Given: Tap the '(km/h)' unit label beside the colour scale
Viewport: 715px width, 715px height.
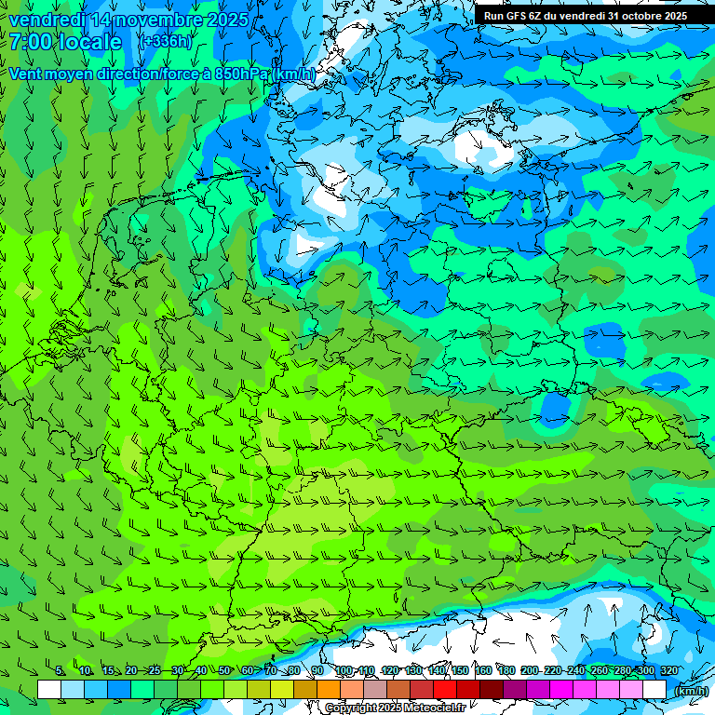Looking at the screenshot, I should [x=690, y=691].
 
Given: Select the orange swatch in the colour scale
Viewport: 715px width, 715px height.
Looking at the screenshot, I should [x=328, y=690].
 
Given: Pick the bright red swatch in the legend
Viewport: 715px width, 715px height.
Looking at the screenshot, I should [x=444, y=690].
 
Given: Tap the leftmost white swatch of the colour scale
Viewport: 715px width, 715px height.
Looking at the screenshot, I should [x=49, y=690].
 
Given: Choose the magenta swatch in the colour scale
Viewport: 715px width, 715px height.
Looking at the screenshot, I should [x=560, y=690].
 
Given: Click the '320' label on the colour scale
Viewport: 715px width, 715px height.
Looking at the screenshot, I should [x=668, y=671].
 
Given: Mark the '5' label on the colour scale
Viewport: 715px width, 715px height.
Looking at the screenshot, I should [x=60, y=671].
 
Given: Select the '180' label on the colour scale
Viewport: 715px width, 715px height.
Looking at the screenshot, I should [x=506, y=671].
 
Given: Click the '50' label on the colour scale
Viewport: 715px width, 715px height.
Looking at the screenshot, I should [x=223, y=671].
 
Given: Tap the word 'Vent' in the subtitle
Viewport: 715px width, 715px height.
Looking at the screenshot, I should [x=27, y=74].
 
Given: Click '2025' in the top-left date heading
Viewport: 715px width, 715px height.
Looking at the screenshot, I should [x=223, y=20].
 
